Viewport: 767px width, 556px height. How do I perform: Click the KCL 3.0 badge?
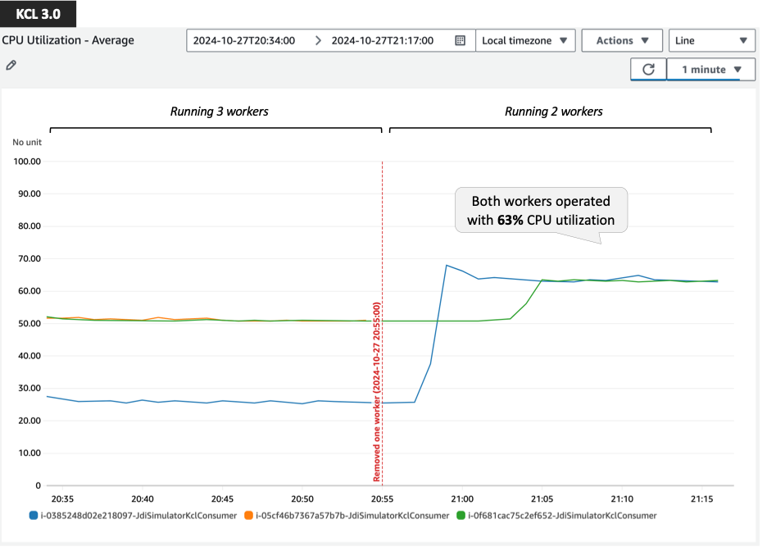39,14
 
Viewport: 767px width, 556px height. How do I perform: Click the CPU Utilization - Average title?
67,40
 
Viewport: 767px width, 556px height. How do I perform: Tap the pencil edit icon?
10,65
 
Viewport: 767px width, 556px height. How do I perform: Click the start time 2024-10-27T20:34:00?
243,40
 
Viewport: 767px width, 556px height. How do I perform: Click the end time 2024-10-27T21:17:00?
382,40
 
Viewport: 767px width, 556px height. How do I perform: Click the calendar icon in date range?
460,40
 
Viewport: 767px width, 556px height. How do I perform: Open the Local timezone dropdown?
524,40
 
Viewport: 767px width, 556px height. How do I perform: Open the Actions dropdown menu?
622,40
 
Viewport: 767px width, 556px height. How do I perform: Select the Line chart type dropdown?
711,40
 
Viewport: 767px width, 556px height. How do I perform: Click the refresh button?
648,70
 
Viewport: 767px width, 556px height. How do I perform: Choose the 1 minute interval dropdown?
710,70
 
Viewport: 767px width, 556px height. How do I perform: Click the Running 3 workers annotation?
219,112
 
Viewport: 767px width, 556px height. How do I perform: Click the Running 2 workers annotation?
553,112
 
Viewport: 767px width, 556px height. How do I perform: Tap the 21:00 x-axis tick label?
462,499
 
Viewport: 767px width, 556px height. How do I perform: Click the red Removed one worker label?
377,392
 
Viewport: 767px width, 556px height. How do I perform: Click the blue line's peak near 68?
447,265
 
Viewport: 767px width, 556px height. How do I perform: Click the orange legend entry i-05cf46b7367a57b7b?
347,516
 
